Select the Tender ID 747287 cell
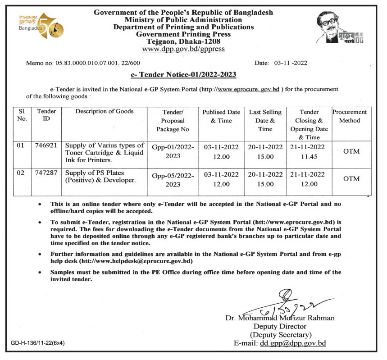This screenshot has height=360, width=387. [x=46, y=173]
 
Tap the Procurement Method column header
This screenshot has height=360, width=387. [x=349, y=116]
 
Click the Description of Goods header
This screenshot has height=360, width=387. [x=105, y=112]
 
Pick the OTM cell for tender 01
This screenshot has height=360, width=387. [x=351, y=151]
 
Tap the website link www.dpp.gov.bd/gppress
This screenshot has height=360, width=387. [x=183, y=49]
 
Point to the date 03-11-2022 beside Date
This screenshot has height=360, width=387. [x=291, y=63]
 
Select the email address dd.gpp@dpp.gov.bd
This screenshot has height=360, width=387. [x=293, y=343]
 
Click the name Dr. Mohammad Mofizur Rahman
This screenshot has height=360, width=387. [x=280, y=318]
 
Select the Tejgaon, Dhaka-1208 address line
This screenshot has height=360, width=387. [x=183, y=41]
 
